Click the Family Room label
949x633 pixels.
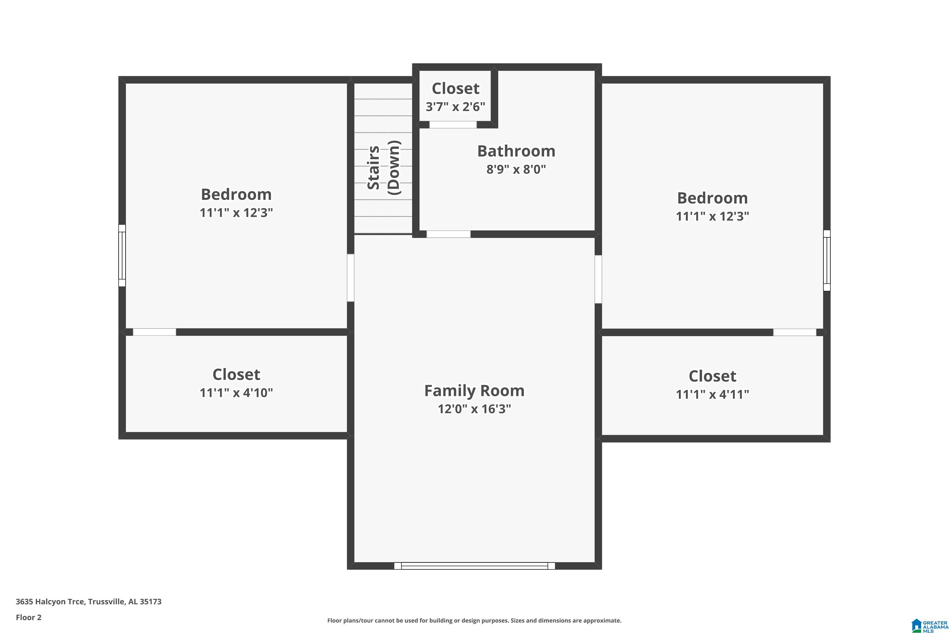coord(474,391)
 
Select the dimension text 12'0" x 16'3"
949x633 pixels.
coord(475,409)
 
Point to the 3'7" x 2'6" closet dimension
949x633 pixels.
coord(456,107)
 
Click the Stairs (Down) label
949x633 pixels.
coord(383,167)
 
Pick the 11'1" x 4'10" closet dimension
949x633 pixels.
coord(236,392)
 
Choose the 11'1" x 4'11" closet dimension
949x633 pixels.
coord(713,394)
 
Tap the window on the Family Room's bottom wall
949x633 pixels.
coord(475,566)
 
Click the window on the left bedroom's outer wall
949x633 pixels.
coord(122,255)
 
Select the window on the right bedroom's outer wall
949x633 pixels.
coord(827,260)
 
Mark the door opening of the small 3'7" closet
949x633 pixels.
coord(453,125)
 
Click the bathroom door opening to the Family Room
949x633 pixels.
coord(449,234)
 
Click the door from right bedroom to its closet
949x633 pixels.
coord(794,332)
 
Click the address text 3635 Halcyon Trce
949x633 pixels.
coord(50,602)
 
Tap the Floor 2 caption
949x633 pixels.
coord(29,617)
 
